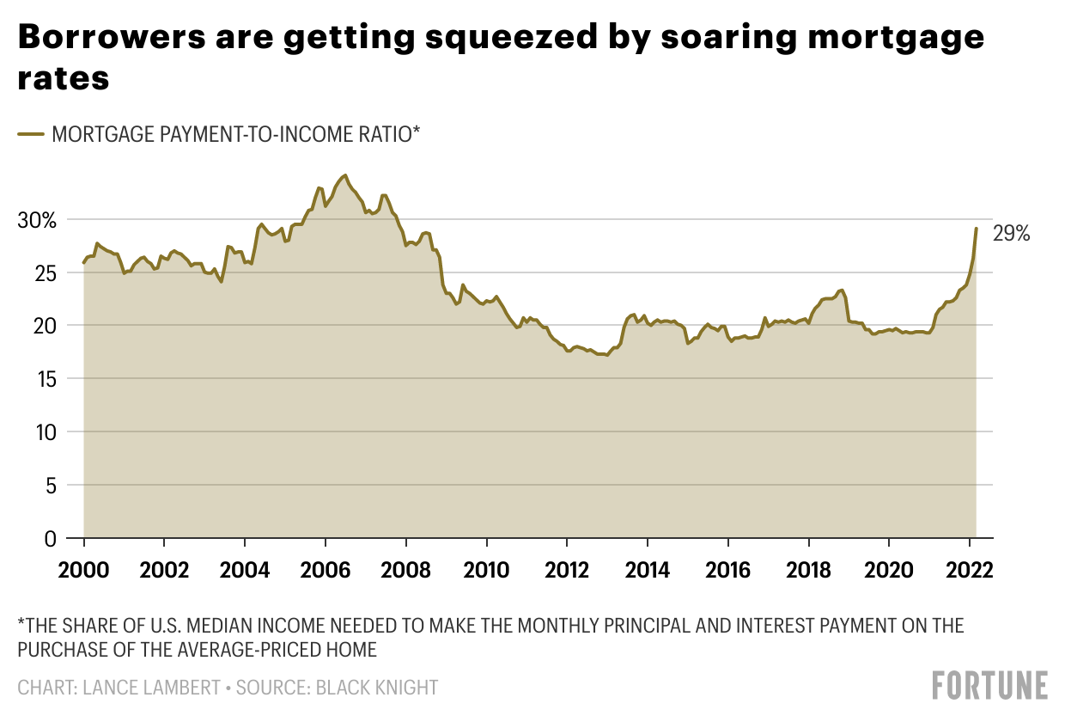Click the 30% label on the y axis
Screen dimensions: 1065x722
[x=37, y=221]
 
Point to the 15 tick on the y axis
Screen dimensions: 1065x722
[x=46, y=379]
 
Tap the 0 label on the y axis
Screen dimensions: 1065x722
[x=50, y=539]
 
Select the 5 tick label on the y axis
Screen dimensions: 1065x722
[x=51, y=486]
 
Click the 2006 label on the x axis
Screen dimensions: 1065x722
[x=326, y=570]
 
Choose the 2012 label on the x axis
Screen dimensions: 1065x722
[x=567, y=570]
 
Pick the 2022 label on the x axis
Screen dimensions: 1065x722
[x=970, y=570]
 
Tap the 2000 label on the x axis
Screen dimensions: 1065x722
[x=83, y=570]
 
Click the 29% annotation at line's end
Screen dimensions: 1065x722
[x=1011, y=234]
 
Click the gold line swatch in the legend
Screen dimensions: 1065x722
[x=31, y=134]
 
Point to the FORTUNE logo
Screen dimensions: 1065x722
[x=990, y=685]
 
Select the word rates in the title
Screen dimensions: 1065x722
[x=64, y=78]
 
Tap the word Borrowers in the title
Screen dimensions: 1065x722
[x=112, y=37]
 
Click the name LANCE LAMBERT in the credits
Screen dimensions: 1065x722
[x=152, y=688]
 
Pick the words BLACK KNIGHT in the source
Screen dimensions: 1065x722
[x=376, y=688]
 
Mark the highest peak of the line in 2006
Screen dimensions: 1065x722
[x=345, y=175]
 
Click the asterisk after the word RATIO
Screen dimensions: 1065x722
[x=416, y=129]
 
